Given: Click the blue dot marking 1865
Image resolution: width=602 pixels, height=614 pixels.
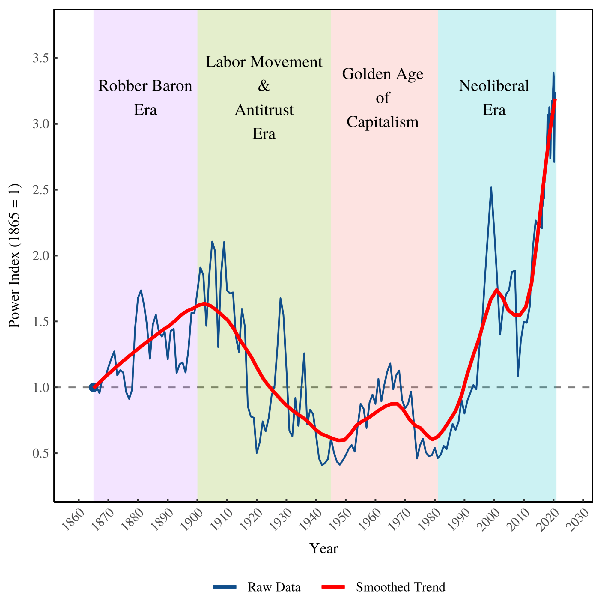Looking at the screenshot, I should coord(93,387).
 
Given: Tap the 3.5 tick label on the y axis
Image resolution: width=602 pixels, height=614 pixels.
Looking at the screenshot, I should coord(41,58).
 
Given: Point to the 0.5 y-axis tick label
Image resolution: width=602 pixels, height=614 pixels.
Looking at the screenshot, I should coord(41,453).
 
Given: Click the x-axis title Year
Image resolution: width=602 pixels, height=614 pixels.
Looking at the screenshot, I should coord(323,549).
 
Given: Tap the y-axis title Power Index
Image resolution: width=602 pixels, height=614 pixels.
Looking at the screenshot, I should coord(14,255).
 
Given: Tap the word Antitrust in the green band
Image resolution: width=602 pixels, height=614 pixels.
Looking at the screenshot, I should coord(264,110).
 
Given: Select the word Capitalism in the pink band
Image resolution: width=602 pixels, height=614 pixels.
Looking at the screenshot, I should coord(383,122).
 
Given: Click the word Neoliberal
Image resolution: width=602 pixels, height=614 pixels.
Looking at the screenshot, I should coord(493,86).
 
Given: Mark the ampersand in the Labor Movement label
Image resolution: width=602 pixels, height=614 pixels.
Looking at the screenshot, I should coord(264,86).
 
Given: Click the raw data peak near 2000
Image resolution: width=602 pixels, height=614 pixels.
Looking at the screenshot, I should coord(491,187).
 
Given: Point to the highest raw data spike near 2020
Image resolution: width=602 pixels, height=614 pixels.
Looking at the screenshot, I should coord(553,73).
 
